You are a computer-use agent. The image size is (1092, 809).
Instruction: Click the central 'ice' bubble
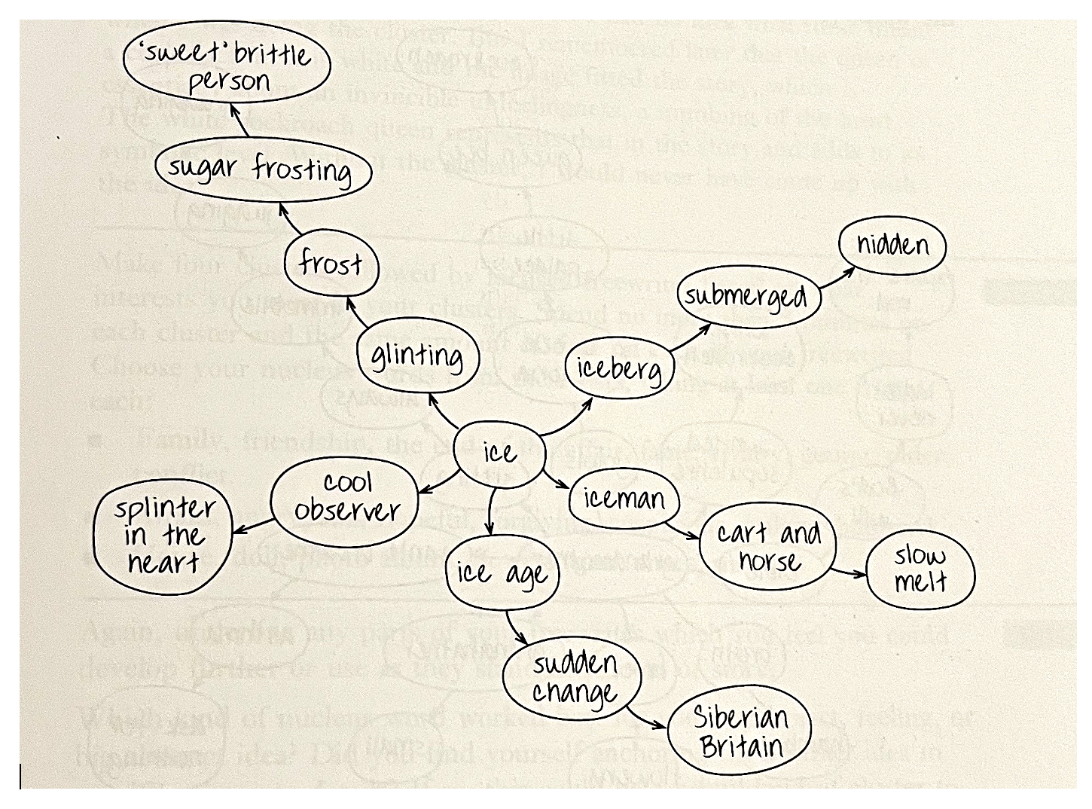click(x=499, y=452)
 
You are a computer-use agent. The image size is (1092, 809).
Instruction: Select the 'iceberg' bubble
click(x=618, y=368)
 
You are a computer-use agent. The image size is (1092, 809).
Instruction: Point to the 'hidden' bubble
click(x=892, y=246)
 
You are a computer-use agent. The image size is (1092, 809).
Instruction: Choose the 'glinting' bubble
click(x=417, y=356)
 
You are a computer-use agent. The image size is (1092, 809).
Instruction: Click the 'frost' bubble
click(x=331, y=264)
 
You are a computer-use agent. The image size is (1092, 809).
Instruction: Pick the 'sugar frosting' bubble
click(x=262, y=169)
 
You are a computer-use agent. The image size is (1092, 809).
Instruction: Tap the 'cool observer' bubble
click(x=346, y=496)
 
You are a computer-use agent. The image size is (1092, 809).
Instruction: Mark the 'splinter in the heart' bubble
click(x=162, y=536)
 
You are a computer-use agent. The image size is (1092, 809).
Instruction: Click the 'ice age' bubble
click(x=501, y=574)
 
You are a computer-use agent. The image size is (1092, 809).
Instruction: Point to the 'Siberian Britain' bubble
click(x=739, y=731)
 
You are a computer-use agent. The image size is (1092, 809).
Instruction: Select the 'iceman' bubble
click(x=624, y=498)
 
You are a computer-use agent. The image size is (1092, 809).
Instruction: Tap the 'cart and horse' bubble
click(x=768, y=547)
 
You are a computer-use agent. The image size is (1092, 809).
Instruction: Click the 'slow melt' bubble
click(x=920, y=569)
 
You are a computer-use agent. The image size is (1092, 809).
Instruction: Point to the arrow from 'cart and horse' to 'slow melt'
click(x=850, y=572)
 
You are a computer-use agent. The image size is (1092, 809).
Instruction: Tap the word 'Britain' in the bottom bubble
click(x=741, y=746)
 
